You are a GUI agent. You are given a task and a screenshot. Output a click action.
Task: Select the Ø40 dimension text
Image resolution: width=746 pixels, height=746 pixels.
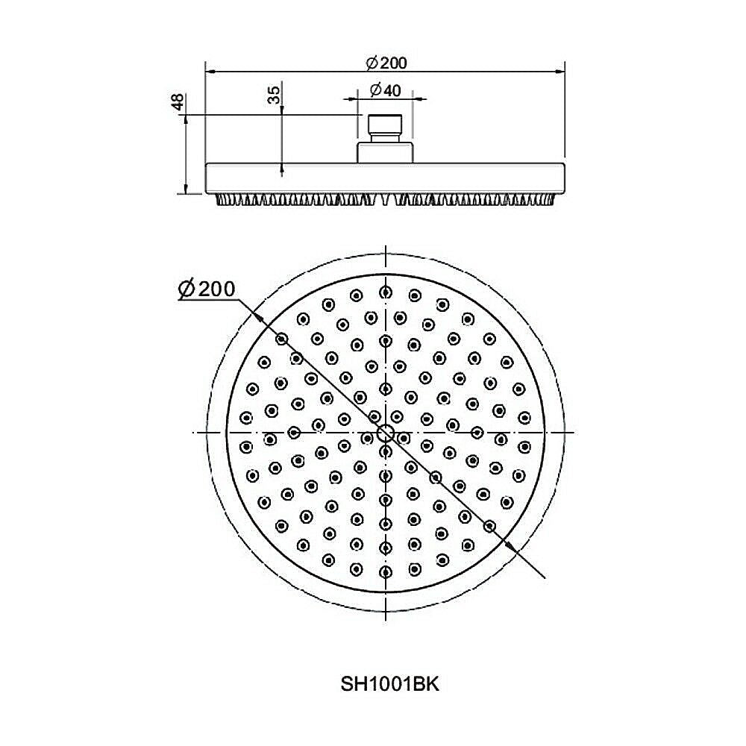pyautogui.click(x=386, y=90)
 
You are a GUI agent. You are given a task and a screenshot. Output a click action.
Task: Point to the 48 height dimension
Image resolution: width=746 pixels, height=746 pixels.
pyautogui.click(x=178, y=103)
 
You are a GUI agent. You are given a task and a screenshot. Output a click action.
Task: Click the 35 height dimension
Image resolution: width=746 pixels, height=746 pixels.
pyautogui.click(x=274, y=95)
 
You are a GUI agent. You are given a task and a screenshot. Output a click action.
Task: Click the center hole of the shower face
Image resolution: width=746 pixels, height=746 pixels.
pyautogui.click(x=385, y=433)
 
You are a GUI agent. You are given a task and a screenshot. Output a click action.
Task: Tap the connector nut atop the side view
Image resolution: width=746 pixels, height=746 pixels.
pyautogui.click(x=385, y=128)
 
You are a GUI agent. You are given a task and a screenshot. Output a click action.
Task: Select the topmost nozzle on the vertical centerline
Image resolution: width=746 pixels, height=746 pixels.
pyautogui.click(x=385, y=292)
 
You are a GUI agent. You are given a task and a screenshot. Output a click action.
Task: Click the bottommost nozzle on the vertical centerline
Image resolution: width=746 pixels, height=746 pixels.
pyautogui.click(x=385, y=573)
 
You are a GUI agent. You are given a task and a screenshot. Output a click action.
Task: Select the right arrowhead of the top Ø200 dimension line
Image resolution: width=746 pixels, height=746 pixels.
pyautogui.click(x=559, y=72)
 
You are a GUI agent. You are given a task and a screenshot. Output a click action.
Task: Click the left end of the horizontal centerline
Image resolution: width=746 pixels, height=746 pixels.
pyautogui.click(x=194, y=433)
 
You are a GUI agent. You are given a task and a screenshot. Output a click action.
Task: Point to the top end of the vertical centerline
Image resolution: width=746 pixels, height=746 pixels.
pyautogui.click(x=385, y=248)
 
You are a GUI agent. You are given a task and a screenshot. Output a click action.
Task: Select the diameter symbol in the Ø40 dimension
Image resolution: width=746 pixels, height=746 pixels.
pyautogui.click(x=375, y=90)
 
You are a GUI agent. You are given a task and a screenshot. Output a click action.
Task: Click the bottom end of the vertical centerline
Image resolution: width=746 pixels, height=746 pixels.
pyautogui.click(x=385, y=619)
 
